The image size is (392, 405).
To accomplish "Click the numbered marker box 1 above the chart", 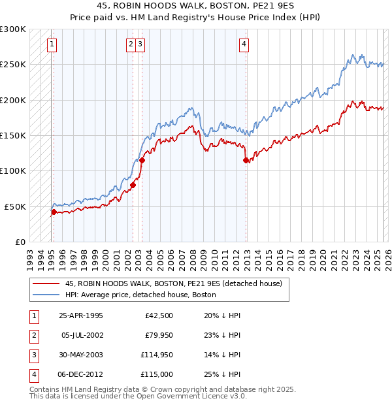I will coord(52,44).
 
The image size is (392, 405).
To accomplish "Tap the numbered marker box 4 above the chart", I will coord(244,44).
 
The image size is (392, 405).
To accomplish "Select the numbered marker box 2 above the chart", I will coord(131,44).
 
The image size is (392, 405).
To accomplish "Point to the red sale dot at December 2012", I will coord(246,160).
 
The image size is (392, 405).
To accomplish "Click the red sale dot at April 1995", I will coord(54,211).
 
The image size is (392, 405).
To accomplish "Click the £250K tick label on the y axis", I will coord(13,65).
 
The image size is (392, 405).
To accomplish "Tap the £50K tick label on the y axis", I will coord(15,206).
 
